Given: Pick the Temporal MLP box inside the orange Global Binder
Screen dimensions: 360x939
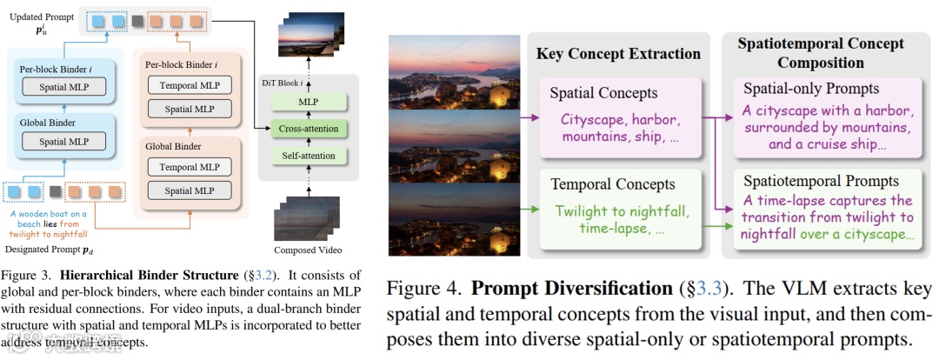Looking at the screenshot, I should [x=190, y=166].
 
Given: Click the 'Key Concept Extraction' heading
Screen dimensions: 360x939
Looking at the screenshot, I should [x=618, y=54].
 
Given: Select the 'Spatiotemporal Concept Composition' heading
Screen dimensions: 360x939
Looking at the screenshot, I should [x=820, y=53].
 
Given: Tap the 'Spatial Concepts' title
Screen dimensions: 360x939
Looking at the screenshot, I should [x=603, y=92].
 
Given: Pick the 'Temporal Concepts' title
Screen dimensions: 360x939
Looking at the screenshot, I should [x=612, y=183].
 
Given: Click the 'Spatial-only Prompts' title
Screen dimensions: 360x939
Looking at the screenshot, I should [x=810, y=89].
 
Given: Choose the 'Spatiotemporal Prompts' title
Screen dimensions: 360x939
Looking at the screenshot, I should [x=819, y=181].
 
